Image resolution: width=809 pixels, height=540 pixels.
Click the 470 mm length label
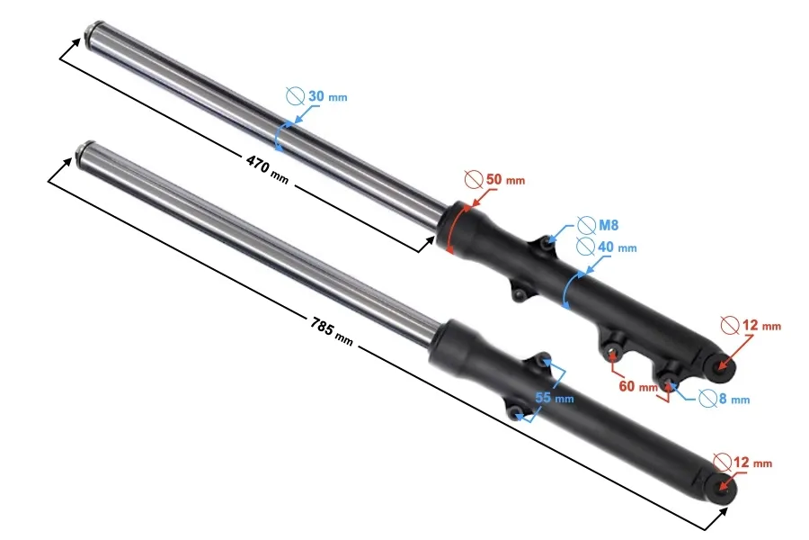[267, 168]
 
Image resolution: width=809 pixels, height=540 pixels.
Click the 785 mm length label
[332, 330]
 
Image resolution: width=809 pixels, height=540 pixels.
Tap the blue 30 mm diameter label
[327, 96]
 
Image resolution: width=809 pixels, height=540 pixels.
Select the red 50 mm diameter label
[505, 180]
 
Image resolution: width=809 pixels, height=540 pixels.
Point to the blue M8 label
[609, 225]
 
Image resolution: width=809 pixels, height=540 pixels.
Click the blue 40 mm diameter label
[617, 247]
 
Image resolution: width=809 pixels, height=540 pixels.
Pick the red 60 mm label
[638, 386]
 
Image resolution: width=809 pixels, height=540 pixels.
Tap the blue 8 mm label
[734, 399]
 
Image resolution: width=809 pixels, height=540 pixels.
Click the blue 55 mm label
[555, 398]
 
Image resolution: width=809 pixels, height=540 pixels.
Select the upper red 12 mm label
[761, 326]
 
